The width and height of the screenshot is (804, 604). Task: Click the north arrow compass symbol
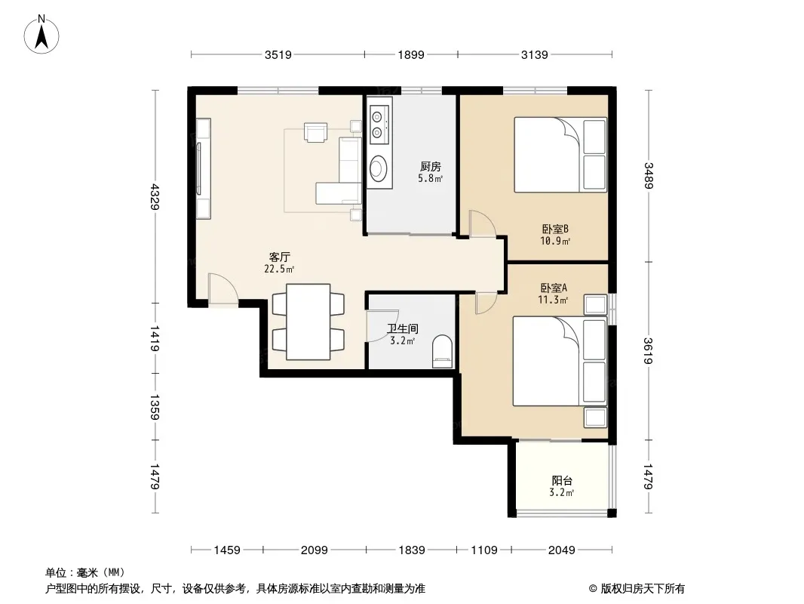(x=41, y=35)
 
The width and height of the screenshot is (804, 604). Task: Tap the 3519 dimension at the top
(x=278, y=54)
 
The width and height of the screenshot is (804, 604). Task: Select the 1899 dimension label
(x=411, y=54)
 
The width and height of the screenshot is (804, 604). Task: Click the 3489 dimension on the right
(x=649, y=175)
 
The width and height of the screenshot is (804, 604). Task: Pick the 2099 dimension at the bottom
(x=314, y=550)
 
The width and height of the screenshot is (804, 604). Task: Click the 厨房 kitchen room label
(x=430, y=166)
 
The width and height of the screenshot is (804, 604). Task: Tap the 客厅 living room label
(x=280, y=257)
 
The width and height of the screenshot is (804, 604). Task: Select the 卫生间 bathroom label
(x=403, y=328)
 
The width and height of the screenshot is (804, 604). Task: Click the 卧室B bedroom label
(x=555, y=229)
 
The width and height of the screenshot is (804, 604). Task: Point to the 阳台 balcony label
(x=562, y=480)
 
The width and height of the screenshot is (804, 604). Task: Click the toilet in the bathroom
(x=443, y=351)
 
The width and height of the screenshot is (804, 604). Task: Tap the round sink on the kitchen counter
(x=379, y=168)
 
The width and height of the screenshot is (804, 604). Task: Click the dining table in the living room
(x=308, y=322)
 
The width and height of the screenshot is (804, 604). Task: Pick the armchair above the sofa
(x=316, y=131)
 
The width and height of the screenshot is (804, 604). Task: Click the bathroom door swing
(x=382, y=326)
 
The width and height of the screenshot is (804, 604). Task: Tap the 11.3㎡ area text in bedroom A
(x=553, y=300)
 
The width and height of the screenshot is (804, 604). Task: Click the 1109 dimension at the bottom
(x=484, y=550)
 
